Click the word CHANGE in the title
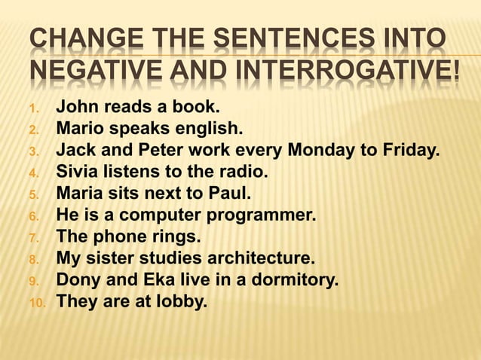click(69, 39)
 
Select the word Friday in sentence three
click(414, 150)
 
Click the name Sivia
click(78, 172)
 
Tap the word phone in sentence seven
click(120, 238)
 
